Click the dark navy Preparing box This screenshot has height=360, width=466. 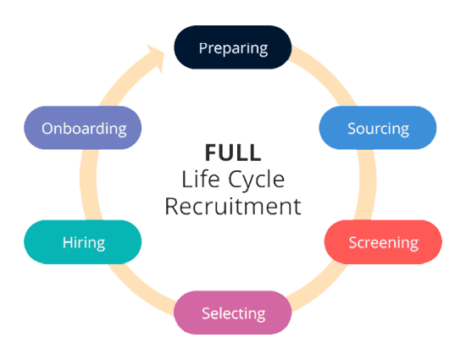(232, 47)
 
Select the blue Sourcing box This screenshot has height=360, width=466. (378, 129)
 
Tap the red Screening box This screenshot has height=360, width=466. (383, 242)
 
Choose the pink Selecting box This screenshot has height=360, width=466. (233, 313)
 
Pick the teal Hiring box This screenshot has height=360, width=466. (83, 242)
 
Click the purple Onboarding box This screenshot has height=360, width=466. (83, 129)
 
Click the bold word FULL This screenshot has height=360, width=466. (233, 152)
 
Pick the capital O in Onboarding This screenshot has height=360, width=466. (47, 129)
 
